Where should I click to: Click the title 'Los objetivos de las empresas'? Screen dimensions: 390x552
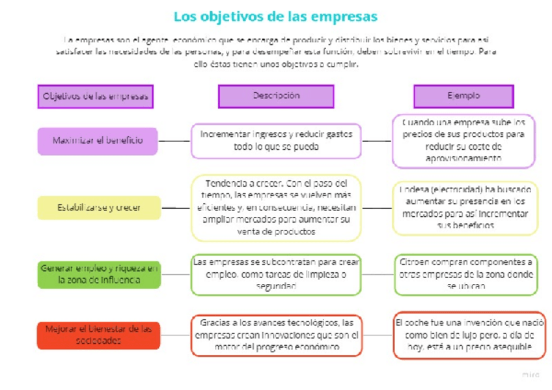[275, 16]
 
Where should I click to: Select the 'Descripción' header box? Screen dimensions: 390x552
[276, 96]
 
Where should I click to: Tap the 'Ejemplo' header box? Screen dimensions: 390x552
[463, 96]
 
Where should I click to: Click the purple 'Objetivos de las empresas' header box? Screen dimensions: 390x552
[95, 96]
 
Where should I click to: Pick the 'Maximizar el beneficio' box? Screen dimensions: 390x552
[98, 141]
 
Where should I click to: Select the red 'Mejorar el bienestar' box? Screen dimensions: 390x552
[98, 335]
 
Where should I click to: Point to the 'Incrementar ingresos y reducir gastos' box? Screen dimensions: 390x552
[276, 141]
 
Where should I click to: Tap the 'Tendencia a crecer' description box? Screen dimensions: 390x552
[276, 207]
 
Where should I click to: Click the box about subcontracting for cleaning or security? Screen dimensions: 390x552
[276, 274]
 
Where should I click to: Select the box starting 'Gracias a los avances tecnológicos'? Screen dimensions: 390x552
[276, 335]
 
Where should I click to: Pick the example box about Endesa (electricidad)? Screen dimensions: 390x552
[465, 208]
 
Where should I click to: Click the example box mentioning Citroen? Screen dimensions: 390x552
[465, 273]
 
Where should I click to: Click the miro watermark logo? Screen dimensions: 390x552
[531, 375]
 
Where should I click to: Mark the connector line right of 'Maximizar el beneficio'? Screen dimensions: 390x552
[174, 141]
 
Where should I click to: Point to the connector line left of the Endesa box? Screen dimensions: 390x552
[376, 208]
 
